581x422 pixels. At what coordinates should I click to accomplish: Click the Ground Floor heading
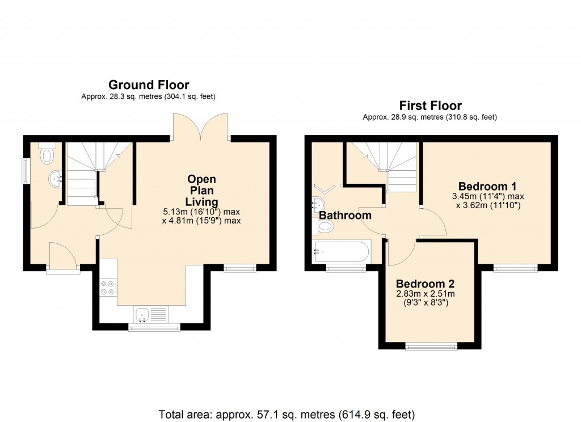pyautogui.click(x=149, y=85)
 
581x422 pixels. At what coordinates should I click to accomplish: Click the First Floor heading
pyautogui.click(x=430, y=106)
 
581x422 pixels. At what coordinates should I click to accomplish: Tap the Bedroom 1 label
pyautogui.click(x=487, y=186)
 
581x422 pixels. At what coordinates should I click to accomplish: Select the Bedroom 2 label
pyautogui.click(x=425, y=284)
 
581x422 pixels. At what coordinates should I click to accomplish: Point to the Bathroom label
pyautogui.click(x=345, y=215)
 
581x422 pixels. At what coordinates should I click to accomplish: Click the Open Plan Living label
pyautogui.click(x=201, y=191)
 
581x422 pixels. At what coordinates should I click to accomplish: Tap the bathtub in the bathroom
pyautogui.click(x=342, y=251)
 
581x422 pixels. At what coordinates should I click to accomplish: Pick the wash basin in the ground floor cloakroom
pyautogui.click(x=56, y=180)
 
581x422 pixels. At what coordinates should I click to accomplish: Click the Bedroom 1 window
pyautogui.click(x=515, y=268)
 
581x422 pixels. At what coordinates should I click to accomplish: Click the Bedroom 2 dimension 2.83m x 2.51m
pyautogui.click(x=425, y=294)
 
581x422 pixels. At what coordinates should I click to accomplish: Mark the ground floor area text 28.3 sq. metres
pyautogui.click(x=149, y=96)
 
